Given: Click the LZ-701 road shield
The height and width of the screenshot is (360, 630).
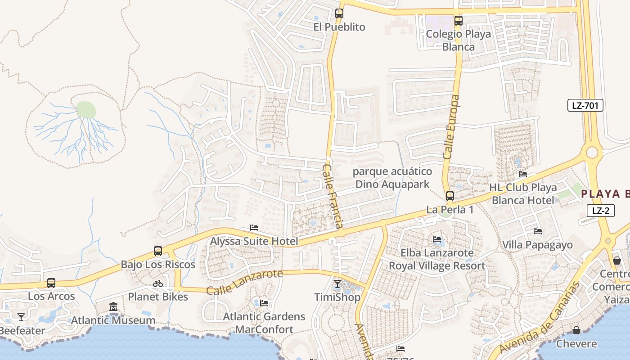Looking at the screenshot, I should click(585, 106).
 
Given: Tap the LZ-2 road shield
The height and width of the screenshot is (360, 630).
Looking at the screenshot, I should click(600, 210).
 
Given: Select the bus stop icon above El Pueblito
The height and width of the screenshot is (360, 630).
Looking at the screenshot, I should click(339, 13).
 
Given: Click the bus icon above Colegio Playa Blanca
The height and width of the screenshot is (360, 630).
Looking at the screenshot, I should click(458, 20).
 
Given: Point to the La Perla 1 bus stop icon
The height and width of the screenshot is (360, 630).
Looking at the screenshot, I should click(450, 196).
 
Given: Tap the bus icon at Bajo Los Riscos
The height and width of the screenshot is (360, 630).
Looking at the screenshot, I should click(157, 251).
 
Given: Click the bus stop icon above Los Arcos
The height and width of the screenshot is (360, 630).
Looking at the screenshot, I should click(51, 283).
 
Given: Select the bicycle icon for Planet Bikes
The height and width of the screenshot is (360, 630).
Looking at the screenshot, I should click(157, 283).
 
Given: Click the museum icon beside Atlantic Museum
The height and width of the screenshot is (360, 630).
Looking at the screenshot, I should click(113, 307).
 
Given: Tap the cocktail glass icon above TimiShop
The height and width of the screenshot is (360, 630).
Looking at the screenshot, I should click(337, 284).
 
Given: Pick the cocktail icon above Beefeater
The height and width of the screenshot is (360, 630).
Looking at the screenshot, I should click(21, 317).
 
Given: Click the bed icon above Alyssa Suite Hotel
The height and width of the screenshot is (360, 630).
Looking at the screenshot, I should click(254, 228).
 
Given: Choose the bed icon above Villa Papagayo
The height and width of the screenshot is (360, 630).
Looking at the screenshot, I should click(537, 232).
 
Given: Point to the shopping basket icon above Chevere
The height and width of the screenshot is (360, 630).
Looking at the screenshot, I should click(576, 331).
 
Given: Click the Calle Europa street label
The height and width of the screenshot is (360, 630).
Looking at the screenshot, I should click(451, 127).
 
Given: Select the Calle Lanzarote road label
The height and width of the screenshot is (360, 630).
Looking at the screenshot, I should click(244, 282).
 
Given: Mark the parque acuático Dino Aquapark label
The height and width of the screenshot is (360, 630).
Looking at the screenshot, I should click(392, 178).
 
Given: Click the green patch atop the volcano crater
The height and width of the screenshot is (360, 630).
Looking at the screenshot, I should click(86, 110).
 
